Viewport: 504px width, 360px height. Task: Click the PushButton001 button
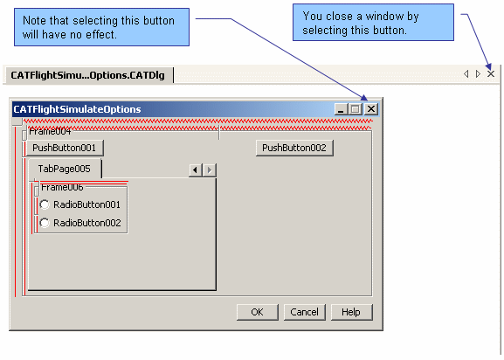[x=65, y=148]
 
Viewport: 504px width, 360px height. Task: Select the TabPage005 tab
[x=65, y=169]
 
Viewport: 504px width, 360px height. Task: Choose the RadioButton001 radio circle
[x=45, y=204]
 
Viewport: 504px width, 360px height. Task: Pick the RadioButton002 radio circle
[x=45, y=223]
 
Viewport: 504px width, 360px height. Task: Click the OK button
[x=258, y=312]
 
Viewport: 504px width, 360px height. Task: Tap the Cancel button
[x=304, y=312]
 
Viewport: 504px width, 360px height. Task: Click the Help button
[x=352, y=312]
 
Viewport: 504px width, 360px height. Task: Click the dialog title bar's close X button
[x=371, y=109]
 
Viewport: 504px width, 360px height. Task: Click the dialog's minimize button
[x=342, y=109]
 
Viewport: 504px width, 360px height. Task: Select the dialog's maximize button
[x=356, y=109]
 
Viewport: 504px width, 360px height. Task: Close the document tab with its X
[x=491, y=74]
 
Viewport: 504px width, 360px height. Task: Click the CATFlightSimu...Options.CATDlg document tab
[x=87, y=75]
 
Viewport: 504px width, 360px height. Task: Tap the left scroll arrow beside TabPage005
[x=195, y=170]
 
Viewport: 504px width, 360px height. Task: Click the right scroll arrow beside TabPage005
[x=210, y=170]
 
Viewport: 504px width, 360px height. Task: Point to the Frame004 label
[x=50, y=131]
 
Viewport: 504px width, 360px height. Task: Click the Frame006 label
[x=62, y=187]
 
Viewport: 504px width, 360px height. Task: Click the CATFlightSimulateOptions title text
[x=77, y=109]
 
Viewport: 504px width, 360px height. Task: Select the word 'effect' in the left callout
[x=102, y=34]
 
